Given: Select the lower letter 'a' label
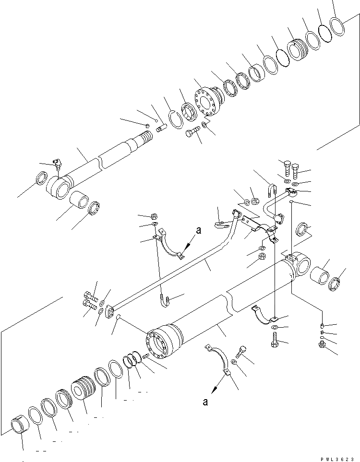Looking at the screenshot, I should (205, 402).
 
